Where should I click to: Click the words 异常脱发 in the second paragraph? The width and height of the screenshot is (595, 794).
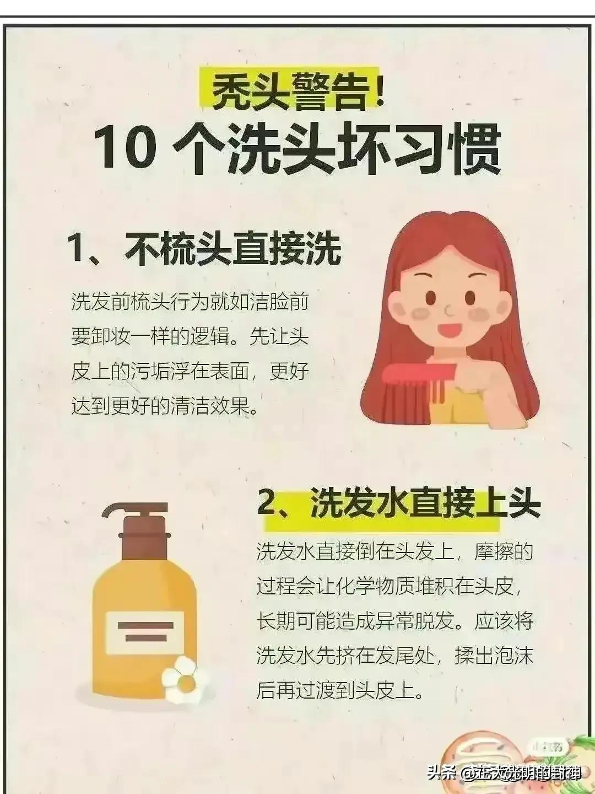click(416, 621)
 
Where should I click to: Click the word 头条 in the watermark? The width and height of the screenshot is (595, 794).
click(441, 773)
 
